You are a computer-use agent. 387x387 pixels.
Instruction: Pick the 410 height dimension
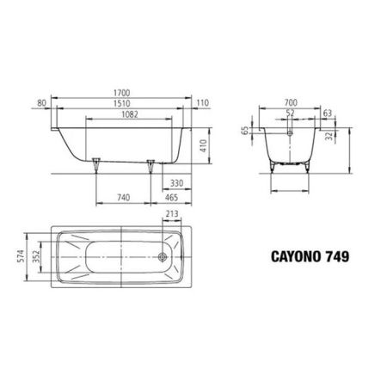coord(204,147)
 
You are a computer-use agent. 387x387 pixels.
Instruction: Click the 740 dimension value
coord(123,197)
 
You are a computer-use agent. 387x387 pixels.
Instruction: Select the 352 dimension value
coord(37,256)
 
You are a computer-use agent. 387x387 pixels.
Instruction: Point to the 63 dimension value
coord(329,112)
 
